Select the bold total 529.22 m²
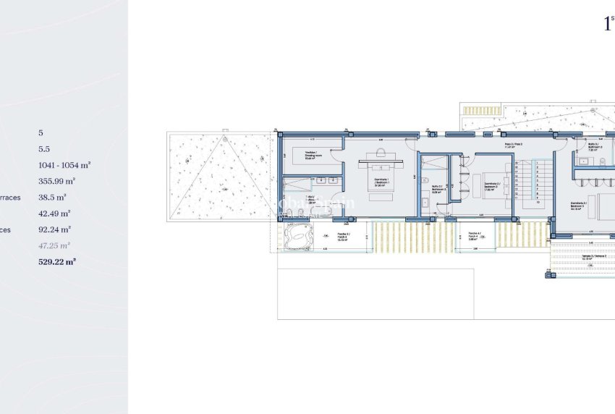(x=57, y=262)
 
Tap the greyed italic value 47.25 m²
(x=54, y=246)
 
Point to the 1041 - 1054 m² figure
(x=64, y=165)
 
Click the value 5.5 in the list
(x=44, y=149)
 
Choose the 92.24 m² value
(x=54, y=229)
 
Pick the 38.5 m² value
(x=52, y=197)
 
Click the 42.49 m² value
(x=54, y=214)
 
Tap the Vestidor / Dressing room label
(x=312, y=155)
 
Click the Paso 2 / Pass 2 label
(x=514, y=145)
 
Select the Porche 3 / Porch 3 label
(x=344, y=236)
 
